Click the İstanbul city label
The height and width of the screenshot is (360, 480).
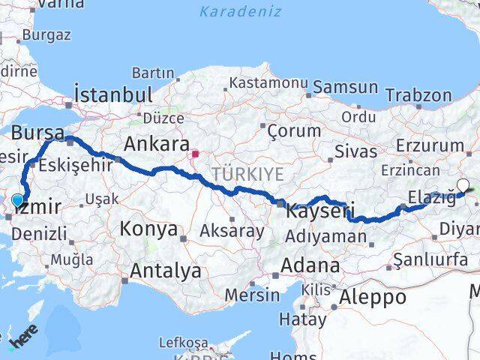tap(113, 95)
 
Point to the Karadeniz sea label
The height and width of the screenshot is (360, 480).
tap(241, 11)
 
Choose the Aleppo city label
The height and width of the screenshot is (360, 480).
tap(373, 297)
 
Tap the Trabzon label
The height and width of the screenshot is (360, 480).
tap(419, 95)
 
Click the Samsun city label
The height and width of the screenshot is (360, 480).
tap(346, 87)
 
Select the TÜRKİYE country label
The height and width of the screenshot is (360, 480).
tap(247, 174)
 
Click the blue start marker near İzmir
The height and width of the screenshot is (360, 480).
tap(18, 200)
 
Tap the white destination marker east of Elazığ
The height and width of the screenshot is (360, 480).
tap(463, 185)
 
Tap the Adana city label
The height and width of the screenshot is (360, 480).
tap(310, 265)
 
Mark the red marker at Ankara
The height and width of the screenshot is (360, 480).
tap(195, 155)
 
